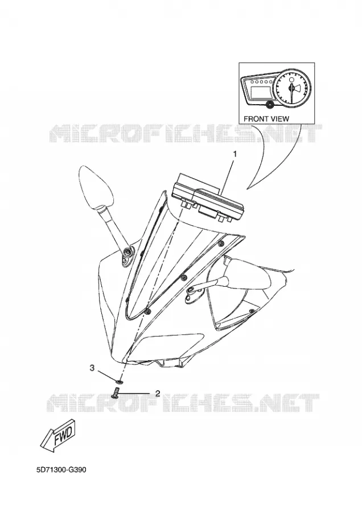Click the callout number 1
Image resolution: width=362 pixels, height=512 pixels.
pos(235,154)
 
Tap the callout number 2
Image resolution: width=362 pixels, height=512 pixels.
pos(158,393)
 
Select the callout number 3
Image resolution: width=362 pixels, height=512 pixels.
pos(92,368)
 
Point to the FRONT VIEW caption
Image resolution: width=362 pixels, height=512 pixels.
pos(266,119)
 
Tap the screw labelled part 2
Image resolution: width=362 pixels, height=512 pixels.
pos(115,392)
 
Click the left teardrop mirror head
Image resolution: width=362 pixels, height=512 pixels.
pos(96,187)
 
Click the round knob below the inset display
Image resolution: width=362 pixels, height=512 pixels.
pos(270,105)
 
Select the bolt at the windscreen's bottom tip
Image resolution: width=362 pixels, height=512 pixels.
pos(147,312)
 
